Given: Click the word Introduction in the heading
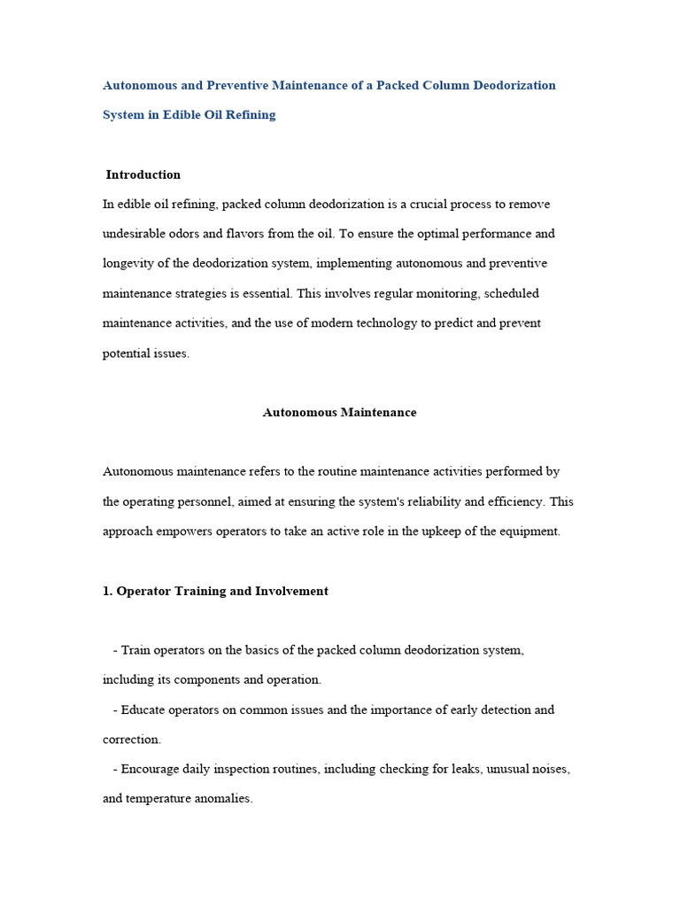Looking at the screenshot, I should pos(143,174).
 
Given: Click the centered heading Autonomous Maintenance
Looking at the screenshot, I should pos(339,413).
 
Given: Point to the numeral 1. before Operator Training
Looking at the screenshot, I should pos(108,591).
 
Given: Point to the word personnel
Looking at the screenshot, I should pos(207,501).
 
